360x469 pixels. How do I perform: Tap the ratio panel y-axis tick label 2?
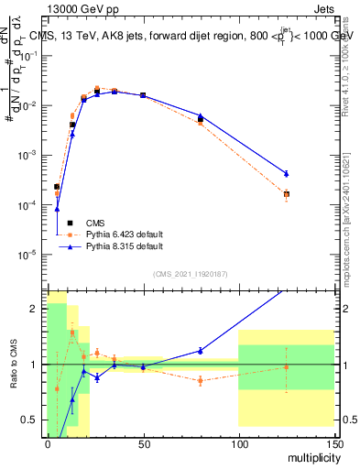35,309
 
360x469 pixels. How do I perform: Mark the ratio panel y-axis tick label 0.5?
31,420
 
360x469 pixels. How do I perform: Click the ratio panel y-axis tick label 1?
35,365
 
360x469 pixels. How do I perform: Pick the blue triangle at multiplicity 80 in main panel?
201,115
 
